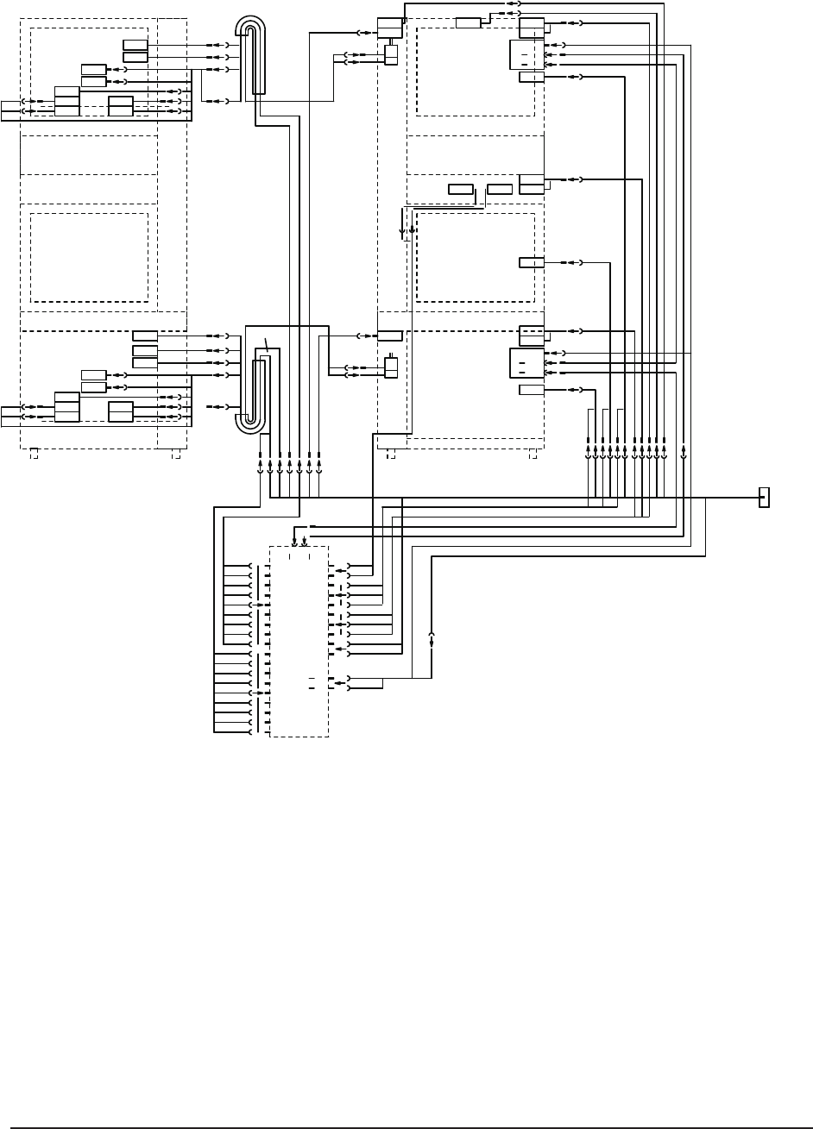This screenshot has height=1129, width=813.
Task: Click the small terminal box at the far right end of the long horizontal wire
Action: point(763,498)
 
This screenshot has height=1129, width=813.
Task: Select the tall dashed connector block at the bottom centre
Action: point(299,641)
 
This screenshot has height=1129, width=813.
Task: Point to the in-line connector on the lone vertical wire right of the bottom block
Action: point(432,641)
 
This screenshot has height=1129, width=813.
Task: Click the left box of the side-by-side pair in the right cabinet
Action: point(460,189)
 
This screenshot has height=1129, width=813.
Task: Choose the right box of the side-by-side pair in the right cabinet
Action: point(499,189)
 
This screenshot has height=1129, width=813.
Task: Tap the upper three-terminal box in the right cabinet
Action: point(526,54)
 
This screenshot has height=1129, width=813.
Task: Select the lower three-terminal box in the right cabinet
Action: point(526,363)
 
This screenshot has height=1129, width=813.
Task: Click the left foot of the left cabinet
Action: point(34,452)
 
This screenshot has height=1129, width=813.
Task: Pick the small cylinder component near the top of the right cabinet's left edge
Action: point(391,54)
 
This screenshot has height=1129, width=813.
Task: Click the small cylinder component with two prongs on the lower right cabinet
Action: point(391,366)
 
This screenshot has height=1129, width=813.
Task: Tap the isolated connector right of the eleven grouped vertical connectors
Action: point(684,452)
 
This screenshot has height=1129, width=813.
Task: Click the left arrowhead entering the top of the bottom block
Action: point(295,543)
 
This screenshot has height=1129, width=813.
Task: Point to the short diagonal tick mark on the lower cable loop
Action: point(267,345)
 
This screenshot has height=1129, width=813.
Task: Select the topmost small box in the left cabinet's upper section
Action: point(135,45)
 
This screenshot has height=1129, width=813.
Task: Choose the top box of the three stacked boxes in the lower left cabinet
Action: point(145,336)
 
